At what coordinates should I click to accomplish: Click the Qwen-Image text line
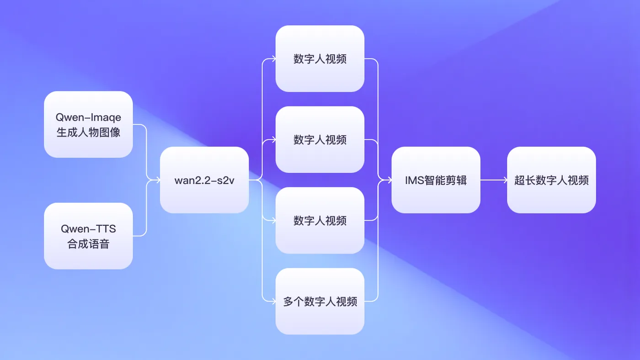pos(88,118)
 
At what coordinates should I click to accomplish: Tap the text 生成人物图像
pos(88,132)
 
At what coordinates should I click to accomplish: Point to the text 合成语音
pos(88,244)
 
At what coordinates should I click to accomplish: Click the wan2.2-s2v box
pos(204,180)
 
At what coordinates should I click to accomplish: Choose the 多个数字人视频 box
pos(320,302)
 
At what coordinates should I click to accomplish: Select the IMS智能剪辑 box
pos(436,180)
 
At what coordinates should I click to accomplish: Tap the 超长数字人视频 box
pos(551,180)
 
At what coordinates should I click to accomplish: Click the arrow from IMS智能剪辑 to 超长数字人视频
pos(494,180)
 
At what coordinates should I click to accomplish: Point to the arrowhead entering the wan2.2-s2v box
pos(158,180)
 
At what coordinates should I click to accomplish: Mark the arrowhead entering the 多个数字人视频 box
pos(273,301)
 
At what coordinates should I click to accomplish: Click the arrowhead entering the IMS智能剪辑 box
pos(389,180)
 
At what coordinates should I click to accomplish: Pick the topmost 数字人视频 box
pos(320,58)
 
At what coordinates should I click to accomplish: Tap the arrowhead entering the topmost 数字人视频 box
pos(273,58)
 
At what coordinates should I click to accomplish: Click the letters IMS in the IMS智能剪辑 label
pos(414,180)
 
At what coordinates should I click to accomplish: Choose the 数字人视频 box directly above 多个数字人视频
pos(320,220)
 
